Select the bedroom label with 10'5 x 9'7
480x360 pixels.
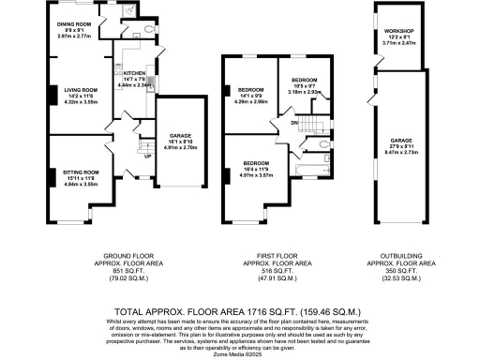305,81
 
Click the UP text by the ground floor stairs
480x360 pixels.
146,156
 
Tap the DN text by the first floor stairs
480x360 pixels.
294,123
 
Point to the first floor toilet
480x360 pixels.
322,145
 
